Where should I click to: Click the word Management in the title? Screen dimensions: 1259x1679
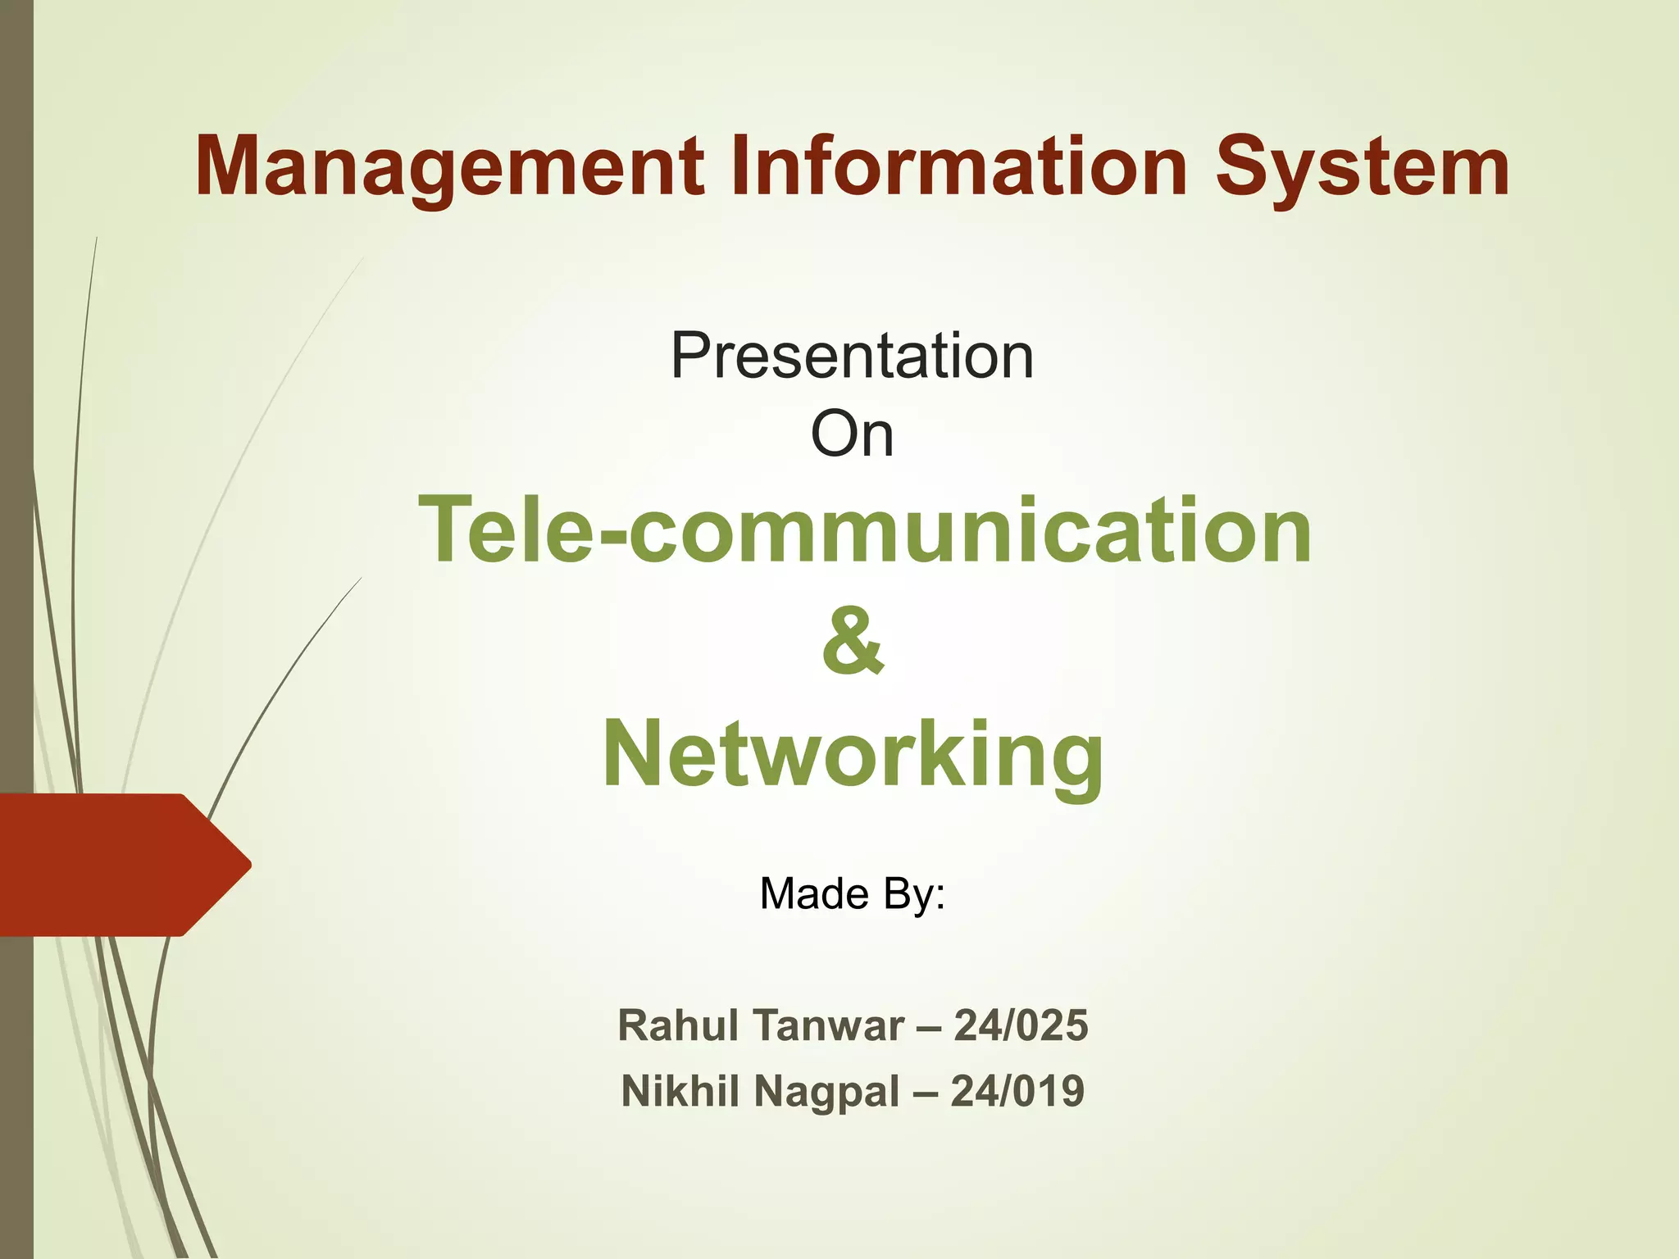tap(450, 168)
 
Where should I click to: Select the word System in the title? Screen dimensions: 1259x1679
tap(1361, 168)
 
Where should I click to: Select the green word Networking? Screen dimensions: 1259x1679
tap(853, 753)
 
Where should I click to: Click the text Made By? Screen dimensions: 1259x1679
tap(853, 893)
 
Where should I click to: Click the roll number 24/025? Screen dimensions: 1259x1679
tap(1021, 1025)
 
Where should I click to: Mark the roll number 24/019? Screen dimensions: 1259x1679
tap(1017, 1091)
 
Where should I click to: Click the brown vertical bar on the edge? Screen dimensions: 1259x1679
tap(16, 410)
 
